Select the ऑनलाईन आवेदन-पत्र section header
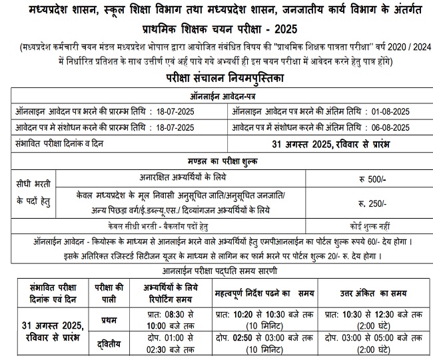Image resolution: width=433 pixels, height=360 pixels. tap(217, 95)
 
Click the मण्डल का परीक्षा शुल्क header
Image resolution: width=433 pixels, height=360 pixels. tap(217, 162)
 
